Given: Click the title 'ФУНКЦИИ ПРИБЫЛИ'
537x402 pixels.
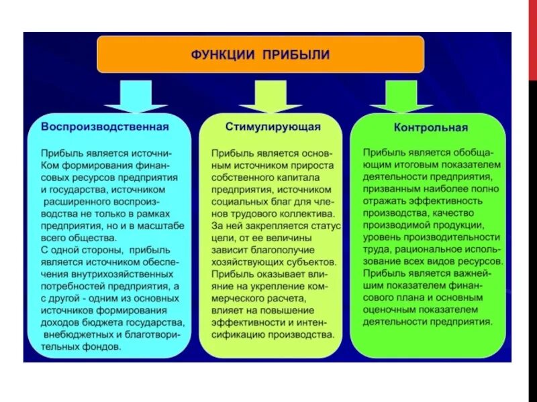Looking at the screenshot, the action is pyautogui.click(x=260, y=54).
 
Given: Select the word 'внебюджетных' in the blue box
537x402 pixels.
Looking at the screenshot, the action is pyautogui.click(x=76, y=334).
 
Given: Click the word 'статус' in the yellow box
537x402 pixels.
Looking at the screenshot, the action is pyautogui.click(x=325, y=226).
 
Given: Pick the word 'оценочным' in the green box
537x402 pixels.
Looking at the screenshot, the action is pyautogui.click(x=389, y=310).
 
